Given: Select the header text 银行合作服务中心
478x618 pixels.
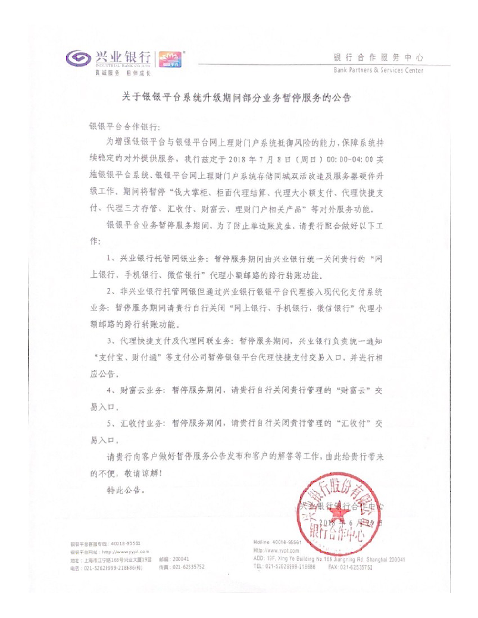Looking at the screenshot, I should pyautogui.click(x=378, y=58).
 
